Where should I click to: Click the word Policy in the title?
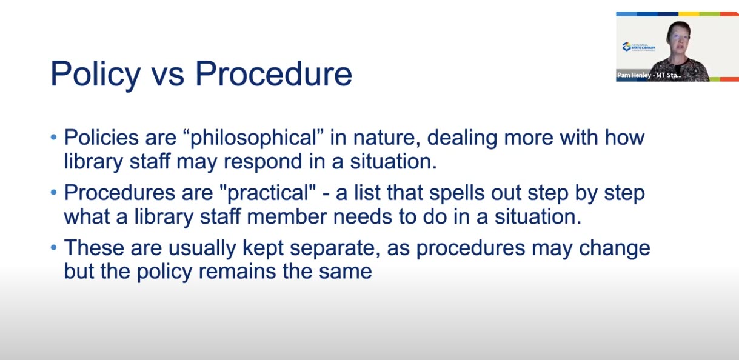tap(96, 75)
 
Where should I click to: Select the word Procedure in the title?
tap(274, 73)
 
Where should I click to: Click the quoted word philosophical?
tap(253, 138)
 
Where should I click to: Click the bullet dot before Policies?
tap(54, 137)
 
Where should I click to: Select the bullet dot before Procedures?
tap(54, 192)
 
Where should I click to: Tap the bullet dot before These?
tap(54, 247)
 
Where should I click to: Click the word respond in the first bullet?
tap(263, 162)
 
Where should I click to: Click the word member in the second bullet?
tap(286, 217)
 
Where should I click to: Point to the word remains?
tap(237, 272)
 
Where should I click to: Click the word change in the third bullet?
tap(615, 248)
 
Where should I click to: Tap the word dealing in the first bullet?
tap(462, 138)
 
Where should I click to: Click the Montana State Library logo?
tap(639, 47)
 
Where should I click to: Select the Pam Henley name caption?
tap(649, 75)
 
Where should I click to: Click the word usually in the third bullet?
tap(202, 248)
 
